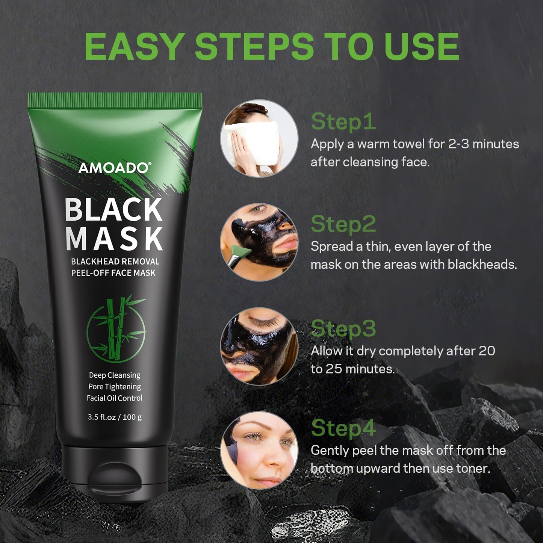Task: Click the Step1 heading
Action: pyautogui.click(x=343, y=122)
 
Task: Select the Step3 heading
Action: pyautogui.click(x=343, y=328)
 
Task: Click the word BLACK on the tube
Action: pyautogui.click(x=113, y=210)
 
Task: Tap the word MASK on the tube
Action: pyautogui.click(x=114, y=238)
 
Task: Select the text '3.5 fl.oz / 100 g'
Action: pyautogui.click(x=115, y=417)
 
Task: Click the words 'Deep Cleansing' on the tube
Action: pyautogui.click(x=115, y=375)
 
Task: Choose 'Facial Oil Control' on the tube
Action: pyautogui.click(x=115, y=398)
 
